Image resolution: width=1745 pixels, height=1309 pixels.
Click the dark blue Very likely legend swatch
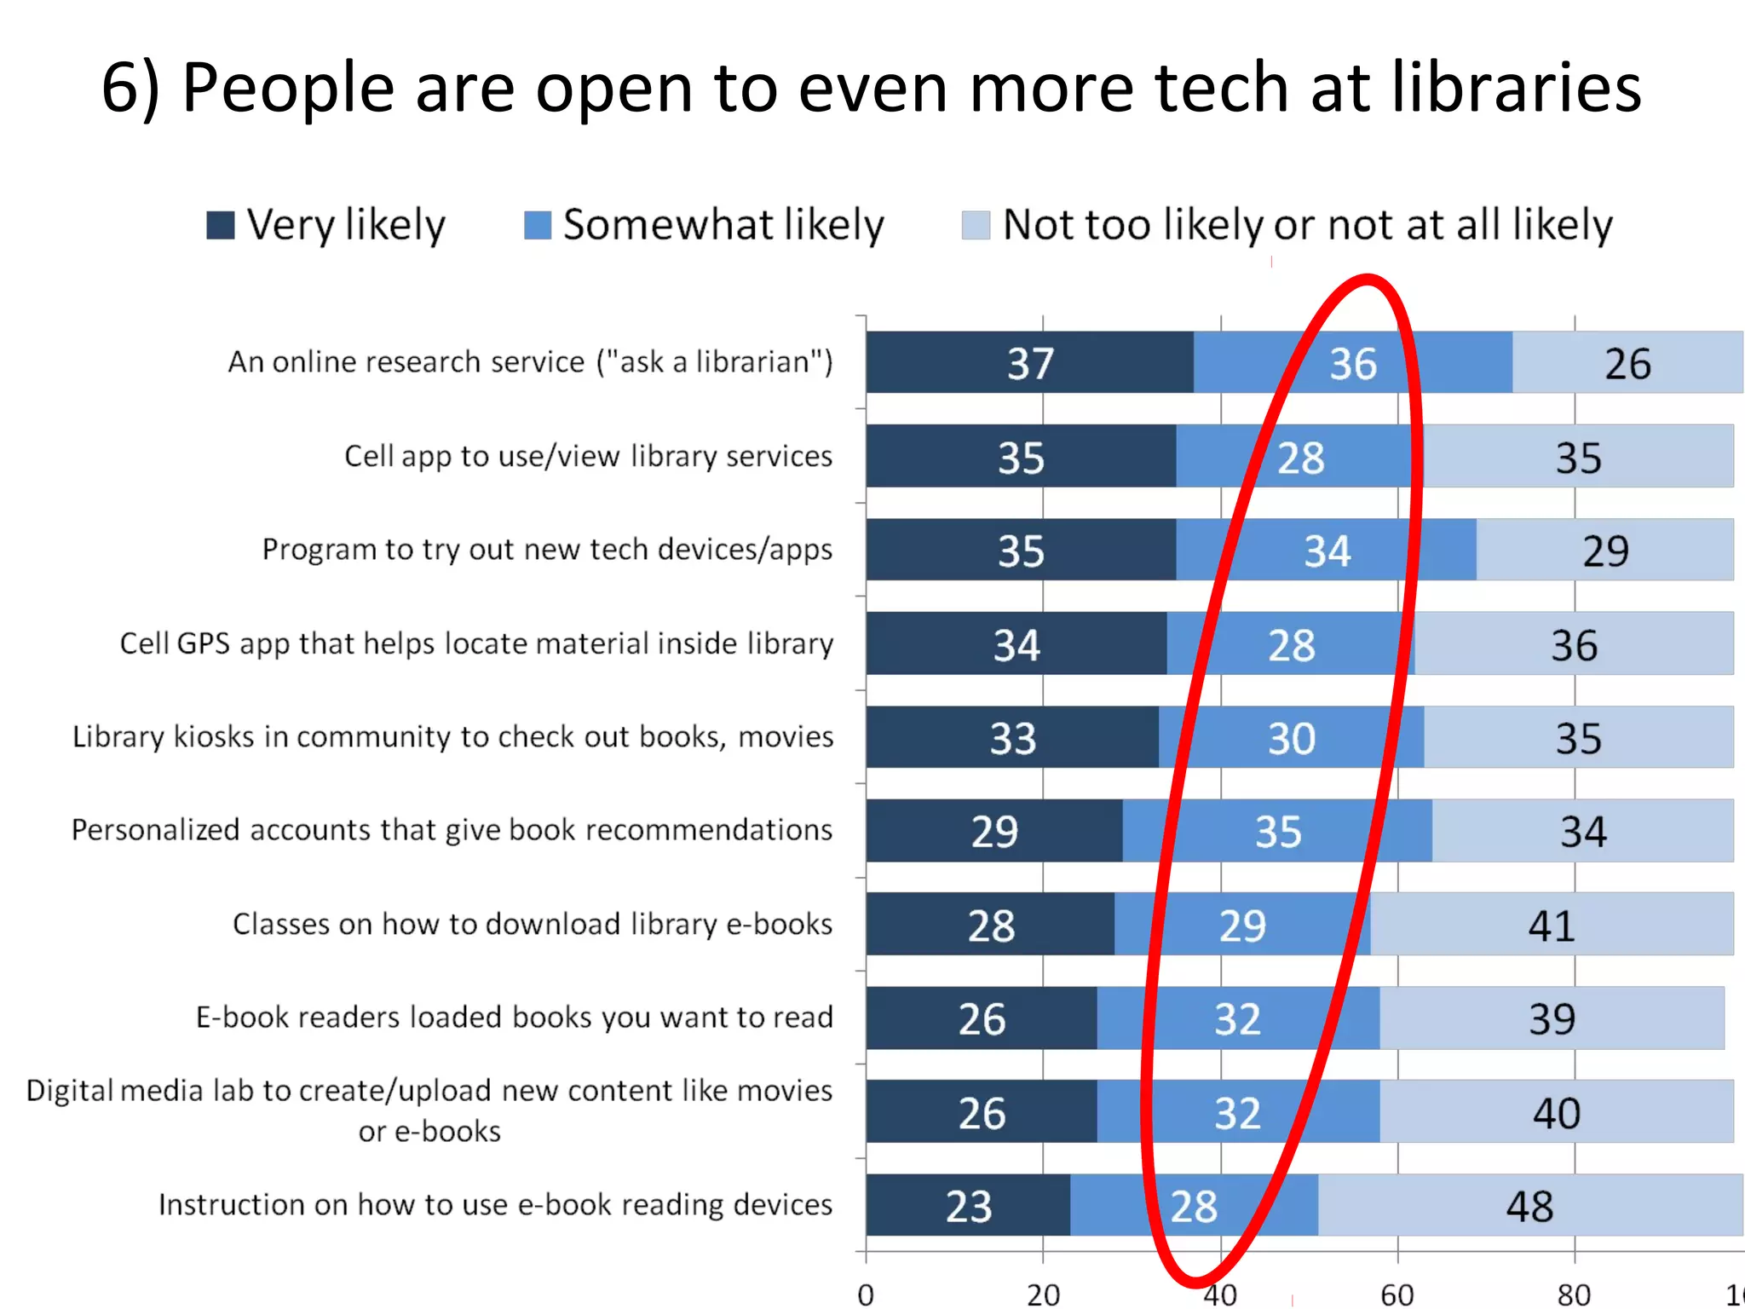pos(221,226)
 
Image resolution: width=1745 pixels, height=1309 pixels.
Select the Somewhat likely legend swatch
pos(538,226)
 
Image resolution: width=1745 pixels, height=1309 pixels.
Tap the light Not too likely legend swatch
pos(976,226)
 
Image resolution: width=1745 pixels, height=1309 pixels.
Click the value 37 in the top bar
pos(1030,364)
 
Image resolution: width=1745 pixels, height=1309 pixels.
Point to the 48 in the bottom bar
pos(1529,1207)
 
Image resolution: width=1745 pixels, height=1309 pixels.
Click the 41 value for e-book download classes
pos(1551,926)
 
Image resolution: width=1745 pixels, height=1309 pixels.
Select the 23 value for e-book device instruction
pos(969,1207)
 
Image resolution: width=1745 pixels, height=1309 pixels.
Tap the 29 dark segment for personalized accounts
pos(994,832)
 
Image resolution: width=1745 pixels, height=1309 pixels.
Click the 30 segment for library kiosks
pos(1291,738)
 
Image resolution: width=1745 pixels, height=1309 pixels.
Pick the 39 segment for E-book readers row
pos(1552,1019)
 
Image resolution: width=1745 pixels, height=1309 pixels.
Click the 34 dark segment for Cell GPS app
pos(1016,645)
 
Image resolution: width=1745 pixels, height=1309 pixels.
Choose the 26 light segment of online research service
pos(1627,364)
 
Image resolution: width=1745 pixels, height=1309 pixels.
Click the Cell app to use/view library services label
pos(588,457)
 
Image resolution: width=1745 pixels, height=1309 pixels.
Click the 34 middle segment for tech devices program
pos(1327,551)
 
